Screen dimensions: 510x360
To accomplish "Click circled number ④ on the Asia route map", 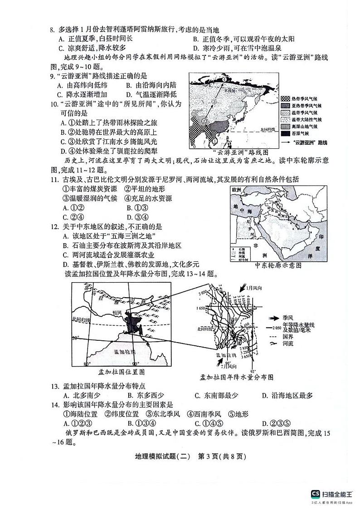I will click(x=223, y=79).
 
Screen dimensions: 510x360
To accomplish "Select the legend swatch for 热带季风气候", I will click(x=284, y=98).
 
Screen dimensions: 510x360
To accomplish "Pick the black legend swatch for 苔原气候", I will click(x=284, y=134).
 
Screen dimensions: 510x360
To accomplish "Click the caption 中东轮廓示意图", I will click(x=278, y=265).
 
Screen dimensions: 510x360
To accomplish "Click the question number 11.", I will click(x=53, y=180).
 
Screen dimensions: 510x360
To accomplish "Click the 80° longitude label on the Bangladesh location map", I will click(x=87, y=364).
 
